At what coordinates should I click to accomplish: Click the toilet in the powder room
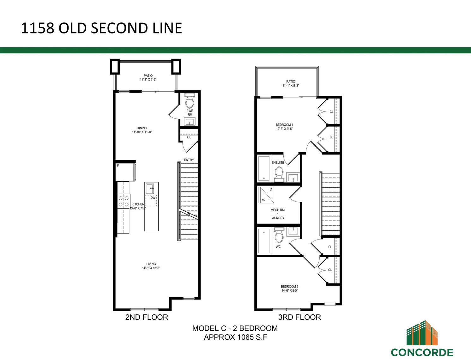[190, 101]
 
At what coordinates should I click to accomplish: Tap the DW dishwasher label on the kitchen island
[153, 198]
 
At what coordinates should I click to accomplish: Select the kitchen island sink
[150, 189]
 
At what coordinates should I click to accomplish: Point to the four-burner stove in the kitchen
[124, 201]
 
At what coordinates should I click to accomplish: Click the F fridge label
[118, 166]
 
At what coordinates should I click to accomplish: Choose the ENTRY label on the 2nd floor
[189, 160]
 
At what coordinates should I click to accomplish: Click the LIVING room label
[151, 264]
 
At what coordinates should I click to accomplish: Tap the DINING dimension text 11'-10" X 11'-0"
[142, 132]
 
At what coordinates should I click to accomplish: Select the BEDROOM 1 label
[284, 125]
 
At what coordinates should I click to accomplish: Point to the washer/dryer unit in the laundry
[266, 195]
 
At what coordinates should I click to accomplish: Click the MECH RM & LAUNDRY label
[277, 214]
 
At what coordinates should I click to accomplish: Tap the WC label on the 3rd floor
[278, 246]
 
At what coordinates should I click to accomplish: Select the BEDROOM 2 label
[290, 286]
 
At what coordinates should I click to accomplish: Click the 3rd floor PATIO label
[291, 82]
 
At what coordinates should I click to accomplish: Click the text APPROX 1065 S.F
[235, 337]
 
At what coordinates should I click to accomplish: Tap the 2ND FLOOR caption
[147, 317]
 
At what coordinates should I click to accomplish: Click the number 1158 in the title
[38, 28]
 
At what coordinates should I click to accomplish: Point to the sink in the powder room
[190, 122]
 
